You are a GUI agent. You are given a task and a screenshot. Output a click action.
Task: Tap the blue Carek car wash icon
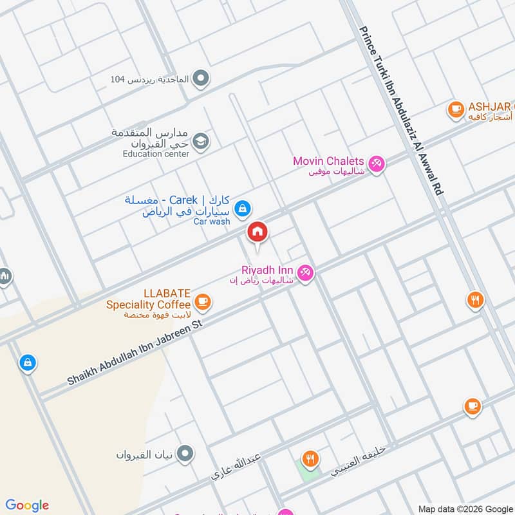tap(243, 208)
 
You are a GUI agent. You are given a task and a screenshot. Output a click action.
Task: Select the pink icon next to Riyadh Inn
tap(306, 274)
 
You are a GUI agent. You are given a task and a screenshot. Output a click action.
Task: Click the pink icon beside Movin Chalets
tap(377, 164)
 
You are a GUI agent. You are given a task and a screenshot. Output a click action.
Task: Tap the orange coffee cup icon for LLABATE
tap(202, 301)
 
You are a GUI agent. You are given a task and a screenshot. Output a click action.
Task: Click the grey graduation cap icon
tap(201, 140)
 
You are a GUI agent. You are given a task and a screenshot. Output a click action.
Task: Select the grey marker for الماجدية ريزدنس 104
tap(201, 79)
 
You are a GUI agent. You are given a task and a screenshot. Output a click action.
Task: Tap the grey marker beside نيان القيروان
tap(185, 454)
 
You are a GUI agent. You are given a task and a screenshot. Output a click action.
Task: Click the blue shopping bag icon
tap(27, 363)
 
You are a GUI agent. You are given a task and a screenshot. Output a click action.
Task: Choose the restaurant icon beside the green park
tap(311, 458)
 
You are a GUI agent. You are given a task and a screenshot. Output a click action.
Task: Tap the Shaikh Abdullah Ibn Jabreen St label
tap(135, 355)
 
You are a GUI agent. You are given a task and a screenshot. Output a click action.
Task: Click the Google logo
tap(27, 505)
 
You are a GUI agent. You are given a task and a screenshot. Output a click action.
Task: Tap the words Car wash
tap(212, 221)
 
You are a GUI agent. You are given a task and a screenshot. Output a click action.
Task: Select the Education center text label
tap(156, 154)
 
